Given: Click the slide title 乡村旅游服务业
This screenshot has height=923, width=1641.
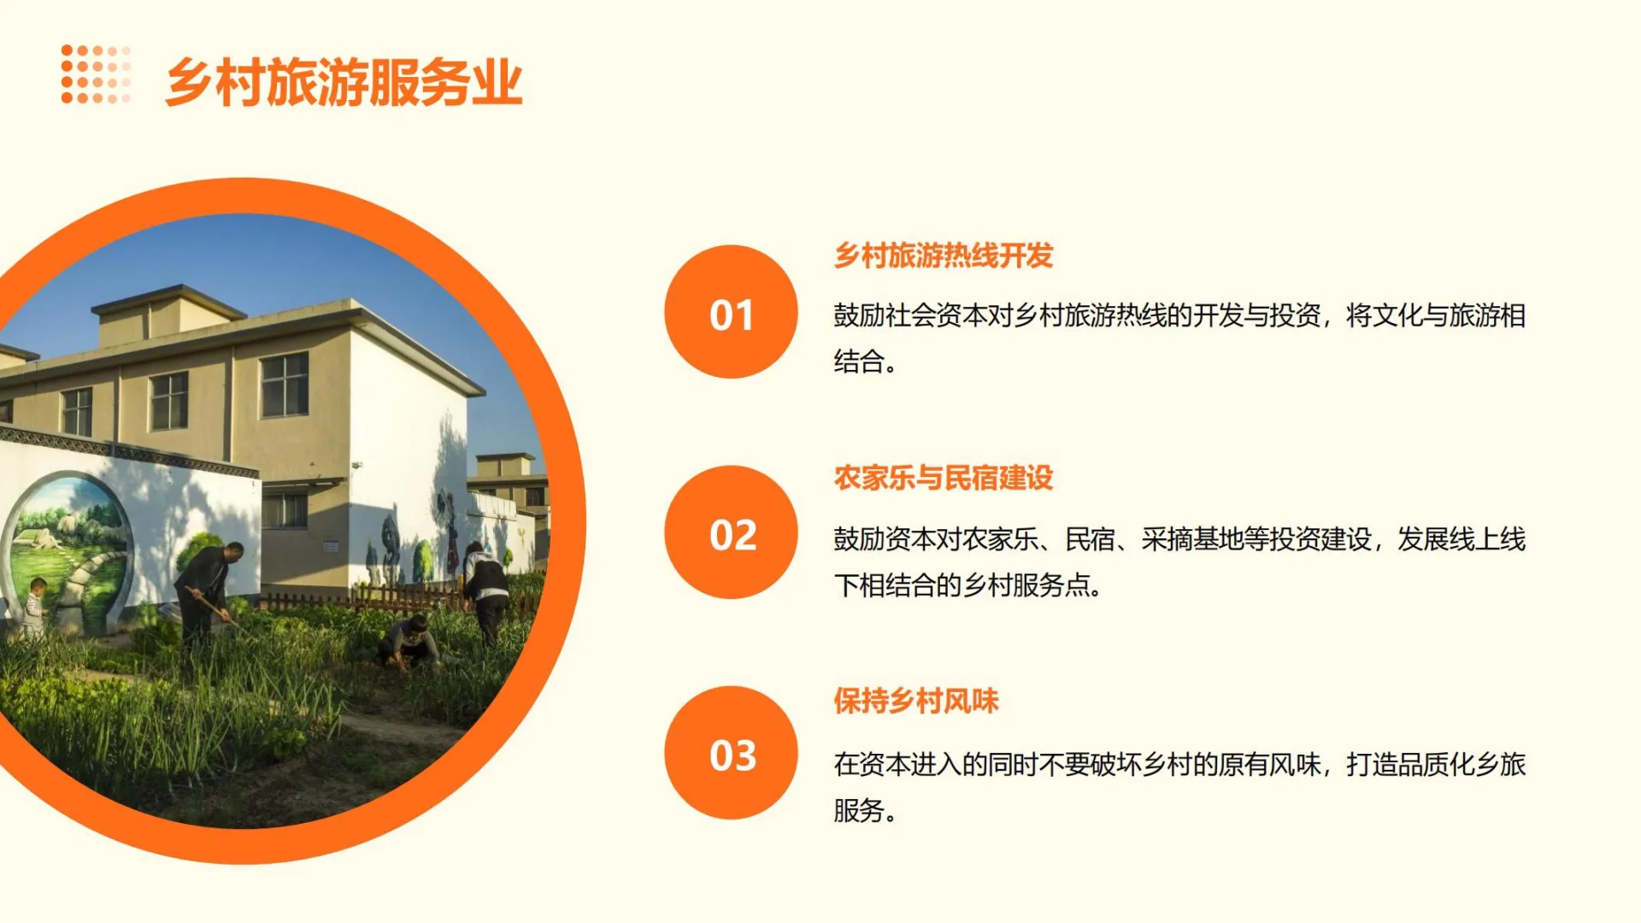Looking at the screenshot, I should pyautogui.click(x=344, y=83).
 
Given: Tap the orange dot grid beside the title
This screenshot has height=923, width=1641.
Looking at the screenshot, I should pyautogui.click(x=96, y=74).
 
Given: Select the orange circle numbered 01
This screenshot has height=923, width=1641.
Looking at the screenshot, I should pyautogui.click(x=731, y=313).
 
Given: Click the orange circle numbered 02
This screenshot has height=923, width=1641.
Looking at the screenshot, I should pyautogui.click(x=731, y=533).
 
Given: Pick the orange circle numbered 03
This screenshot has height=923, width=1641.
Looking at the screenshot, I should pyautogui.click(x=731, y=754).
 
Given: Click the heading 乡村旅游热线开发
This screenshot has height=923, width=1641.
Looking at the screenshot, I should pyautogui.click(x=943, y=256).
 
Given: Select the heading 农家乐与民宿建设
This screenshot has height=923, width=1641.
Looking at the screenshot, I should pyautogui.click(x=943, y=478).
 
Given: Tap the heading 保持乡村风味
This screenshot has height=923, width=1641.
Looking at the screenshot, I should pyautogui.click(x=916, y=701).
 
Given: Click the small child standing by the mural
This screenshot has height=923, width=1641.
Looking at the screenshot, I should pyautogui.click(x=34, y=607).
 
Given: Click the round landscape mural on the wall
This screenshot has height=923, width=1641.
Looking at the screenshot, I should pyautogui.click(x=68, y=547).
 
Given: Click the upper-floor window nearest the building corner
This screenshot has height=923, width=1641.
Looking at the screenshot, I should pyautogui.click(x=285, y=385).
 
